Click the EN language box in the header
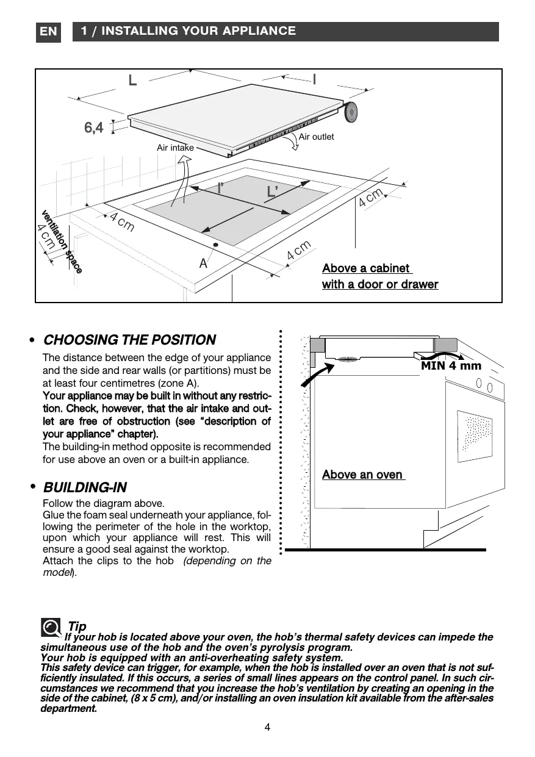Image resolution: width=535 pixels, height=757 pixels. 49,32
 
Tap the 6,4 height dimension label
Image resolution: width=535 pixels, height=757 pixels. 93,127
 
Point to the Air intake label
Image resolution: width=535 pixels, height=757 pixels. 175,148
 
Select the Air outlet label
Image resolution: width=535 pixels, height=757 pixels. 316,137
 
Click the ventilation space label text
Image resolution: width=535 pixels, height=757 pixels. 61,241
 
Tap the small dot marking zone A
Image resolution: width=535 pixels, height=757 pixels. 215,245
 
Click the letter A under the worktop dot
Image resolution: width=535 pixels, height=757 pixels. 203,264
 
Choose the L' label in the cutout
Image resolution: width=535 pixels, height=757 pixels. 272,192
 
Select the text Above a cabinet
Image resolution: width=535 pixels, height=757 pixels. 366,268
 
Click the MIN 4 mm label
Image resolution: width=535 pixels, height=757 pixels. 451,366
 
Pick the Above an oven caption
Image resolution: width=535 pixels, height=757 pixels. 362,475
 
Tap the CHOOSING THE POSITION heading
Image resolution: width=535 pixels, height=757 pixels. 129,340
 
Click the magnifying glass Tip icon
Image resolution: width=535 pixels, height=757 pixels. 51,628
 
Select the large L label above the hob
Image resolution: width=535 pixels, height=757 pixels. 132,81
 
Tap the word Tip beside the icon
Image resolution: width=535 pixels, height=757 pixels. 77,626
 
